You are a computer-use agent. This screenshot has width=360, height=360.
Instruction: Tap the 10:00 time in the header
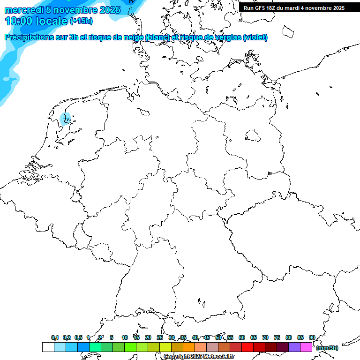point(19,21)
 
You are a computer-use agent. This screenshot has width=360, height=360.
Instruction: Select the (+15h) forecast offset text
point(81,21)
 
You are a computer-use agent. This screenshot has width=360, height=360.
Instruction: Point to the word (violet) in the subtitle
point(255,37)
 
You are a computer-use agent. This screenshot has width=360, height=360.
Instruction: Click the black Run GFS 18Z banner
point(294,7)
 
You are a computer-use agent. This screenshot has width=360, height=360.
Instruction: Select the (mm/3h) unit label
point(327,348)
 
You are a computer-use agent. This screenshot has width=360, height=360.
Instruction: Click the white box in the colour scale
point(48,347)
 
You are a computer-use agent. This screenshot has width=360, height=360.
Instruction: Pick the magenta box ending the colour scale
point(306,347)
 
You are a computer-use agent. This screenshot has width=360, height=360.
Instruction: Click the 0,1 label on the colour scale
point(54,337)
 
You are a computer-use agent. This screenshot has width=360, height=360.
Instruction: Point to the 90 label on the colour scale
point(312,337)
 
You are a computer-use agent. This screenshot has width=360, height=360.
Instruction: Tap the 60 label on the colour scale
point(241,337)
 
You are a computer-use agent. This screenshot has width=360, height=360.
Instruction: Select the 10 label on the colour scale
point(124,337)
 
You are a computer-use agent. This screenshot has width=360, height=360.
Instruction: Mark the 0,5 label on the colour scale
point(78,337)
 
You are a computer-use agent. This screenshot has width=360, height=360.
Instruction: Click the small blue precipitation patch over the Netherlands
point(66,117)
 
